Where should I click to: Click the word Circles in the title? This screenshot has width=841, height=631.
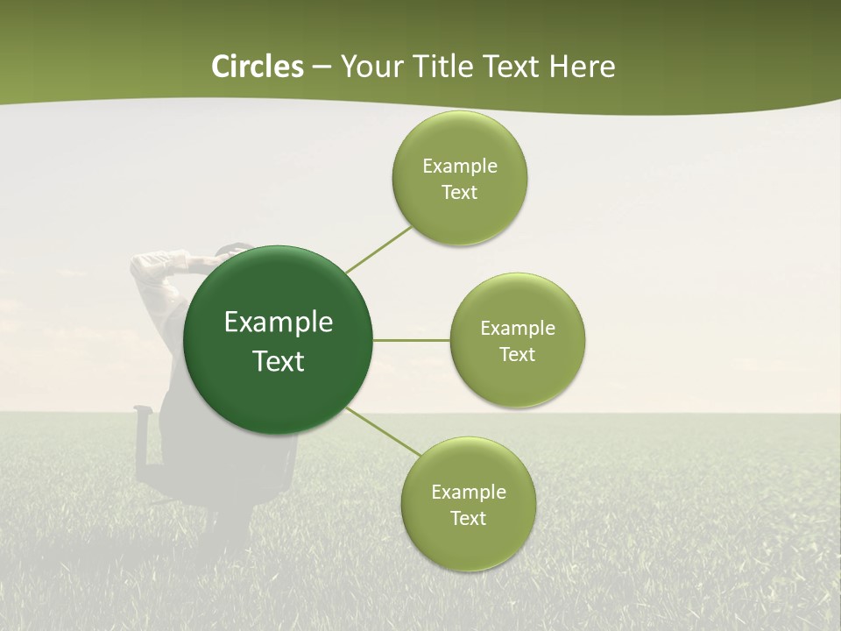(x=257, y=67)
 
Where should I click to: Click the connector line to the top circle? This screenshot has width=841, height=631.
(x=378, y=249)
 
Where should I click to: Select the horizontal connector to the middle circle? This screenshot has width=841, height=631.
(x=411, y=340)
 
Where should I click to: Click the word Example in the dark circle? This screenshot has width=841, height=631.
(x=279, y=323)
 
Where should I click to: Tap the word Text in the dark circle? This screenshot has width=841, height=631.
(x=279, y=361)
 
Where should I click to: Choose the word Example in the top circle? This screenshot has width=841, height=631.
(x=460, y=167)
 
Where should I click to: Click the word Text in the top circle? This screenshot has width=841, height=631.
(x=460, y=193)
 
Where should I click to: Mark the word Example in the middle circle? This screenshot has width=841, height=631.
(x=518, y=329)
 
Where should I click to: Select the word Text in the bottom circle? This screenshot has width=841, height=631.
(x=468, y=519)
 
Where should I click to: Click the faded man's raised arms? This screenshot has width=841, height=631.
(x=166, y=263)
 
